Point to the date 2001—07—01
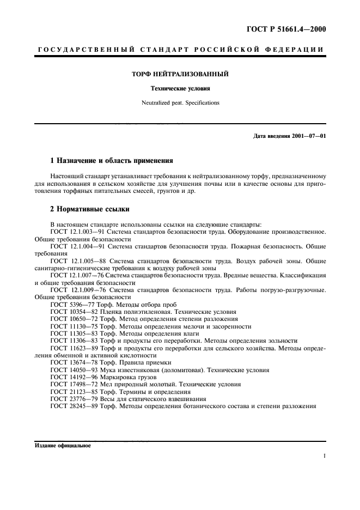click(308, 135)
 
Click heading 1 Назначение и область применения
click(111, 161)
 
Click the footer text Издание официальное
click(63, 446)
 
